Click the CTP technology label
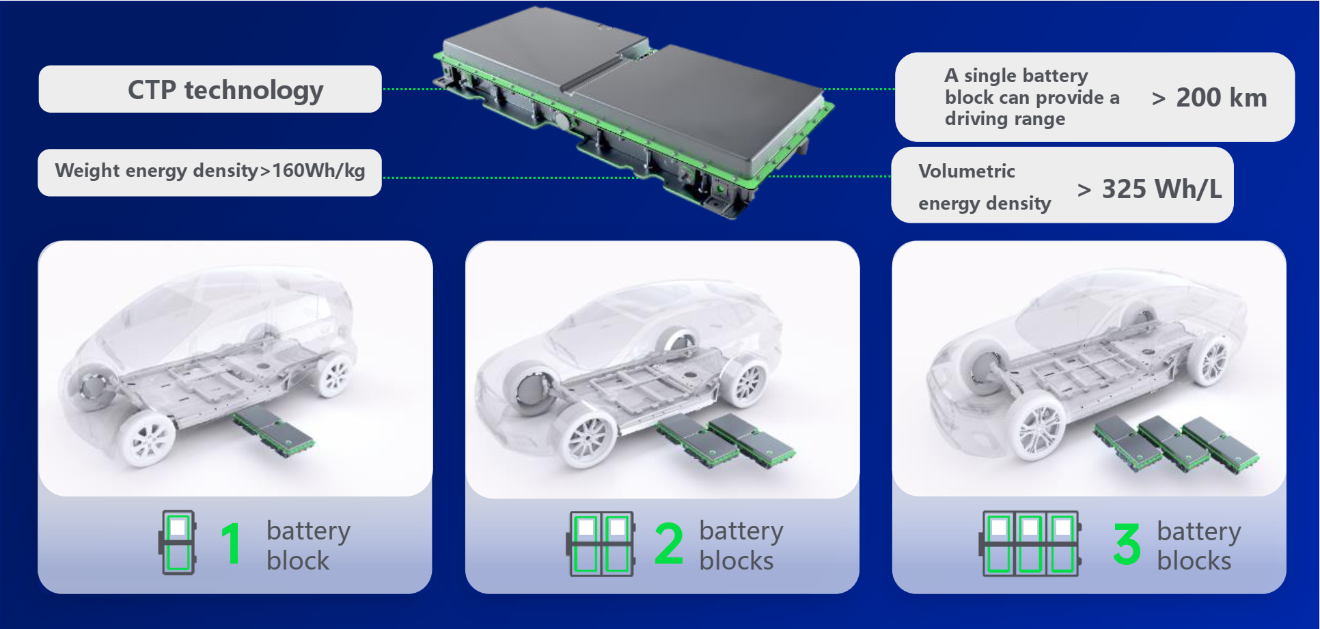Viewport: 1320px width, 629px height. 225,90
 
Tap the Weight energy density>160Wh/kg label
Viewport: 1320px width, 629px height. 210,171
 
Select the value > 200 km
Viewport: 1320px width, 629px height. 1209,98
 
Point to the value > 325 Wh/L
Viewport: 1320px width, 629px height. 1149,189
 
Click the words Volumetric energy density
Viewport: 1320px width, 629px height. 985,187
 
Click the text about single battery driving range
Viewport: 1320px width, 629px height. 1032,97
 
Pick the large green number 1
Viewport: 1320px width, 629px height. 231,544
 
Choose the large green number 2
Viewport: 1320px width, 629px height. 668,544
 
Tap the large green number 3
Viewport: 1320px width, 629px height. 1127,544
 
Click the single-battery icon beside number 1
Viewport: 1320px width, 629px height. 178,543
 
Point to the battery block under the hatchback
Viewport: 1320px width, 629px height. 274,432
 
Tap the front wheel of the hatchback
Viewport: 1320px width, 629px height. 148,438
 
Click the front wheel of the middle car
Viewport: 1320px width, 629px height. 587,438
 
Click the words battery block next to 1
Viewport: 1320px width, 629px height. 308,545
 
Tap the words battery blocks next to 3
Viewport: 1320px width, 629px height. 1199,545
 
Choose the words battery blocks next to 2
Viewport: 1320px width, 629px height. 741,545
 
